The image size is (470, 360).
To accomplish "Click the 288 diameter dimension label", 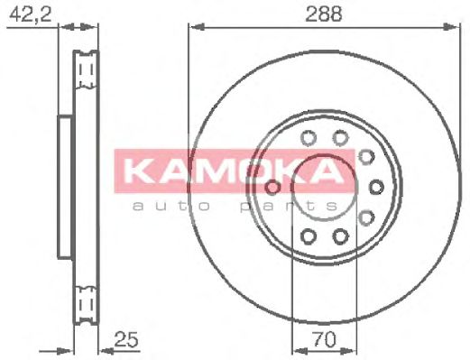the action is click(x=323, y=14).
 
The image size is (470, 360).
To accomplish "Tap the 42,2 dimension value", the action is click(x=30, y=14).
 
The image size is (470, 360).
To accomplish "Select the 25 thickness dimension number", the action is click(x=126, y=339).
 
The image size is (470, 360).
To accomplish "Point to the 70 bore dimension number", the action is click(x=324, y=339).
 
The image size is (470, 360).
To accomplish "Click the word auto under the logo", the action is click(x=171, y=207).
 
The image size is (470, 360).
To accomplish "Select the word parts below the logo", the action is click(x=289, y=207).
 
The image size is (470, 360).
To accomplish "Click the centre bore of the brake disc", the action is click(x=325, y=188).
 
